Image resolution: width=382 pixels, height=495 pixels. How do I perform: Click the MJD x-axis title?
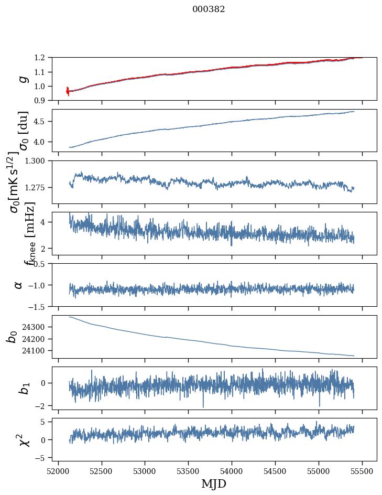(x=214, y=483)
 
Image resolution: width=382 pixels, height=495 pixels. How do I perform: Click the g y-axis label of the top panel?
(x=23, y=79)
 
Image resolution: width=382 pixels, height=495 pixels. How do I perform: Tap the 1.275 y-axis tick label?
(x=37, y=187)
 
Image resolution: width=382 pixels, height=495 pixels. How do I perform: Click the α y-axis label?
(x=19, y=285)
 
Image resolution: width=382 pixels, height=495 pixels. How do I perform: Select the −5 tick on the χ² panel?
(x=42, y=458)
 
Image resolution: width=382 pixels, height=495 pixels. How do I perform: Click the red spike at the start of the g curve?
(x=68, y=91)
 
